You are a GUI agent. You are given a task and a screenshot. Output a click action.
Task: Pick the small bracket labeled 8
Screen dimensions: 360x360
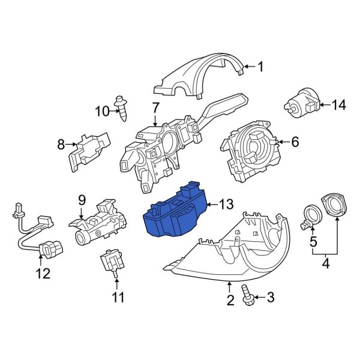89,149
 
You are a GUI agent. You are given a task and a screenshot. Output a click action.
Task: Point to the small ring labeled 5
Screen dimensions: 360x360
311,215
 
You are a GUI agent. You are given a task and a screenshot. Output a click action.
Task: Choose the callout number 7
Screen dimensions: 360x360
155,109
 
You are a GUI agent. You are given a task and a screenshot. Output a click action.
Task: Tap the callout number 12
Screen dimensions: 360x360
42,274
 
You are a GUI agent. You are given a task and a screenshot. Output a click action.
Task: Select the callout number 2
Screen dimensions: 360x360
230,299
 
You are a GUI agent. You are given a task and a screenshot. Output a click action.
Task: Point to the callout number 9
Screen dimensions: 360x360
82,200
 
